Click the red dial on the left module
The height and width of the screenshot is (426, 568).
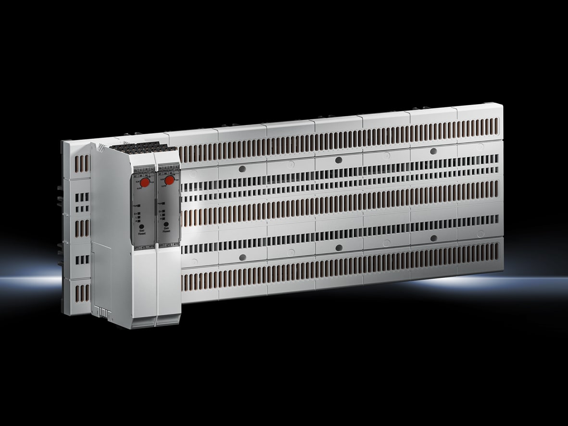coord(144,181)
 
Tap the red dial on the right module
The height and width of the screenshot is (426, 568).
coord(169,180)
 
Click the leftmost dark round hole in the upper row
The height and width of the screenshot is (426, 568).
coord(242,169)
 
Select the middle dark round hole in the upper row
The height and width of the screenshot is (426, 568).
coord(339,160)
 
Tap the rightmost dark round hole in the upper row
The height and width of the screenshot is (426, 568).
coord(433,151)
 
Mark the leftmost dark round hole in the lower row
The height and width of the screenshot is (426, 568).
coord(242,257)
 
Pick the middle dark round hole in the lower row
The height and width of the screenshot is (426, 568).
coord(339,248)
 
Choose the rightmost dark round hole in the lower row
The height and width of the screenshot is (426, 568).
coord(433,238)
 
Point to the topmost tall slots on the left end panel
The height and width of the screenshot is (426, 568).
coord(82,163)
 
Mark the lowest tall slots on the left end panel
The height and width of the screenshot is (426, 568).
coord(82,293)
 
